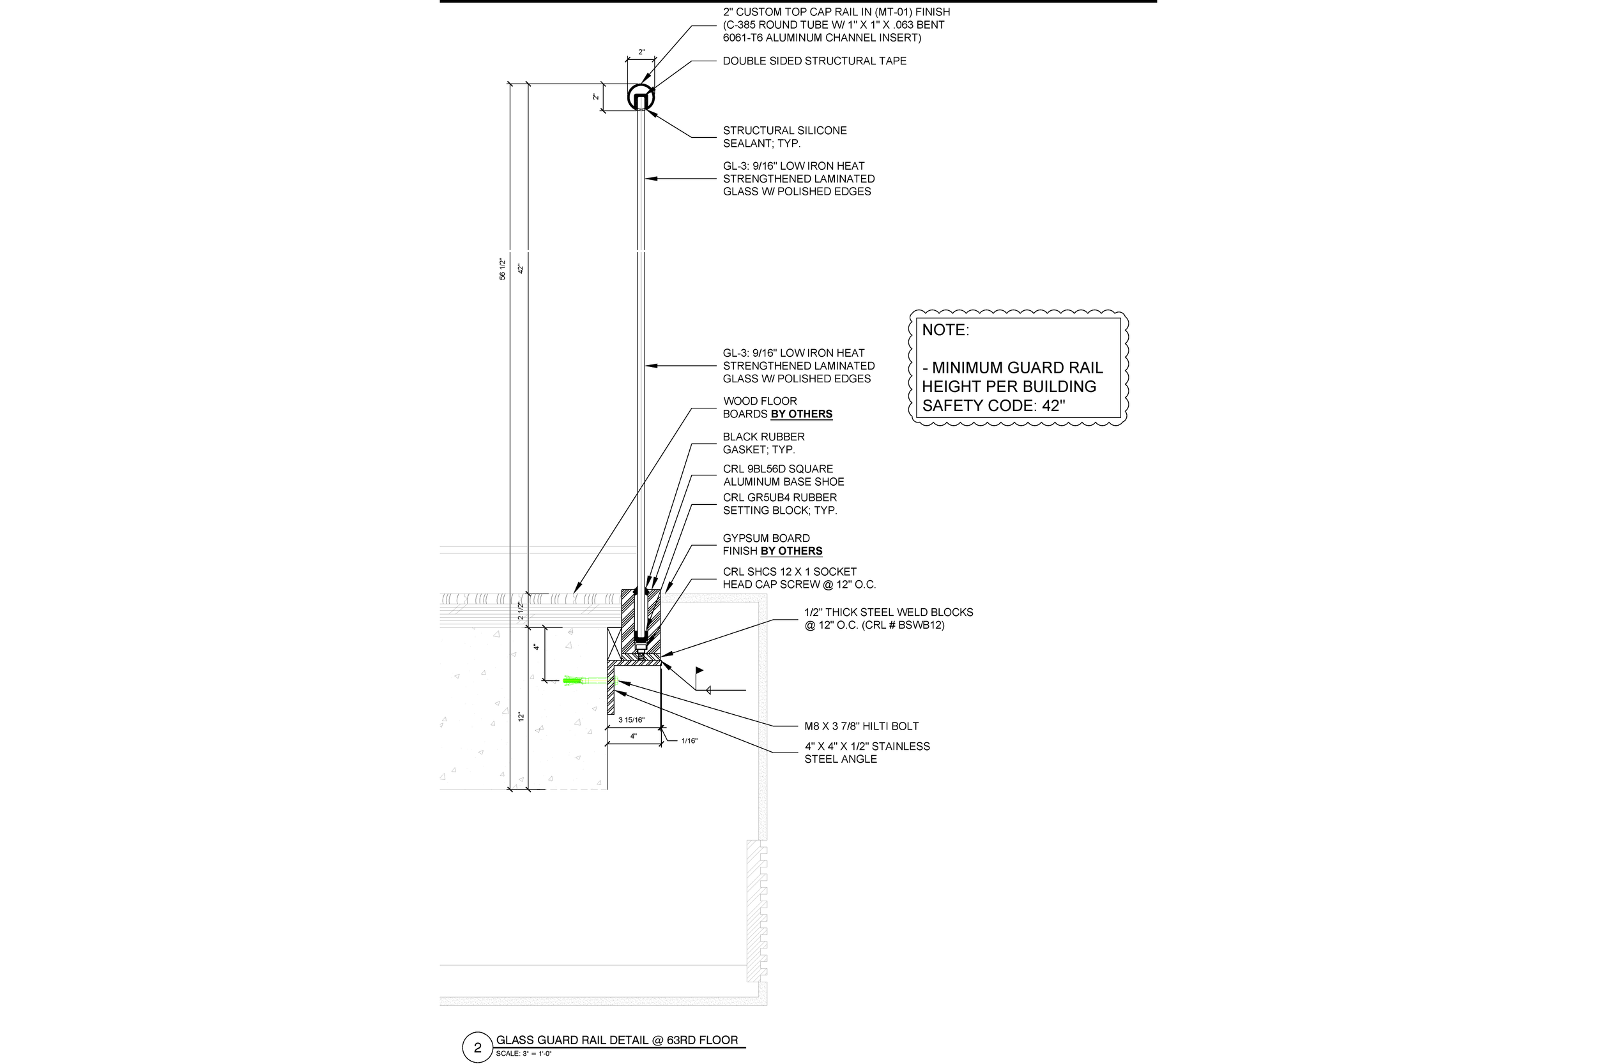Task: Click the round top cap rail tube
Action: pos(641,97)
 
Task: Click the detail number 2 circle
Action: pos(477,1047)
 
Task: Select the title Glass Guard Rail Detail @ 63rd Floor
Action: pos(616,1040)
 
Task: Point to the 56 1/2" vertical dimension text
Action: pos(503,269)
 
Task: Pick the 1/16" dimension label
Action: pos(689,741)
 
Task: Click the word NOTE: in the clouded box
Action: pos(945,331)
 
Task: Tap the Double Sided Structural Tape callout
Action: pos(814,61)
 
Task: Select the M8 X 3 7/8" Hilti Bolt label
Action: pos(861,726)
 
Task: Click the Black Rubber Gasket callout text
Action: pos(763,443)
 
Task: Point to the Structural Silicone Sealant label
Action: pos(784,137)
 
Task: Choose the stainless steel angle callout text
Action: pos(866,753)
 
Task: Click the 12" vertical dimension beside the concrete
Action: pos(521,716)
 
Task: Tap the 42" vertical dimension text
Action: pos(521,269)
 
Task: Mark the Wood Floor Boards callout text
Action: pos(777,408)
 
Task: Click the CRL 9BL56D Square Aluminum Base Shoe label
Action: pos(783,475)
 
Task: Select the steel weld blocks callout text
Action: pos(888,618)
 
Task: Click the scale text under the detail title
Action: pos(524,1054)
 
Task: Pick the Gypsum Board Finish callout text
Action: pos(772,545)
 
